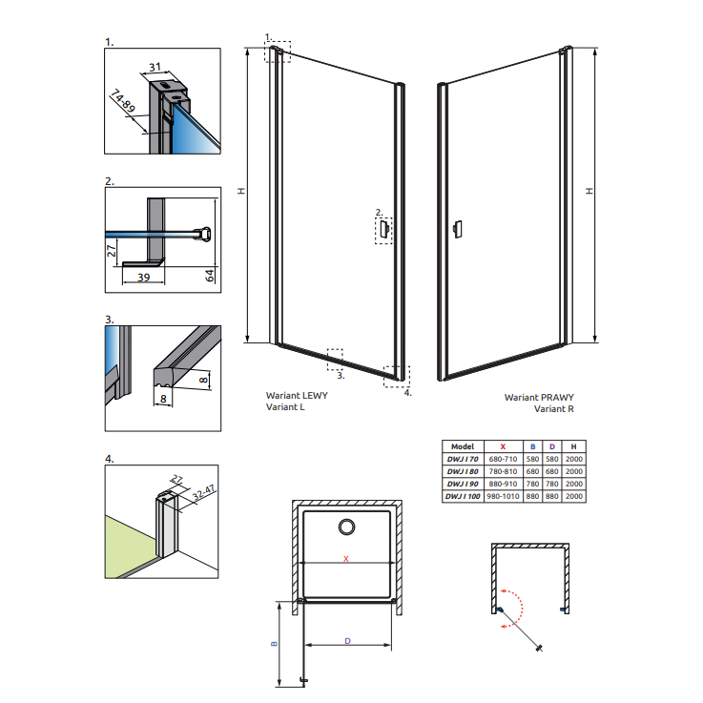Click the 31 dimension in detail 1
(155, 68)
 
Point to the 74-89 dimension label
(122, 101)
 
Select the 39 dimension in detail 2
(143, 278)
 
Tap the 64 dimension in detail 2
(210, 276)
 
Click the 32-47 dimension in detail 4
(204, 492)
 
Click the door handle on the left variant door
(384, 229)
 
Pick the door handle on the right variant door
(458, 229)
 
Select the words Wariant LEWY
(297, 396)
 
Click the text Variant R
(553, 409)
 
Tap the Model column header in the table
(463, 446)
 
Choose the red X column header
(503, 446)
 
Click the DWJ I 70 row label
(463, 459)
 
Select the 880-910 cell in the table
(503, 484)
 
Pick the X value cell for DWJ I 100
(503, 496)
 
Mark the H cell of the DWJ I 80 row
(574, 471)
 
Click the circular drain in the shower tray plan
(346, 527)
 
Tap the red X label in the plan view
(345, 559)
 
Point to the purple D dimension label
(347, 641)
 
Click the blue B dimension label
(275, 644)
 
